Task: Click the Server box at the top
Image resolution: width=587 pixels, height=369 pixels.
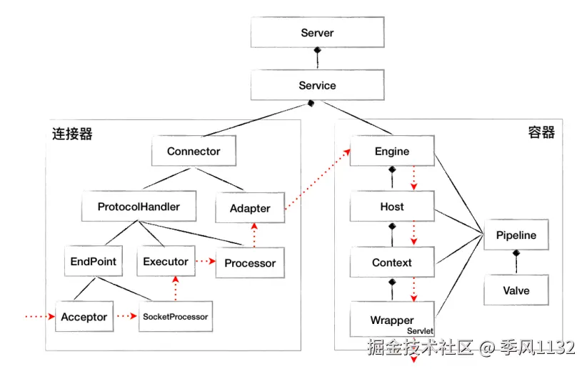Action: [x=317, y=33]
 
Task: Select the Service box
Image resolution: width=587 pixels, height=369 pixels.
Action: [x=317, y=86]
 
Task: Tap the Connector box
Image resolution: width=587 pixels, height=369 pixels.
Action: [x=194, y=152]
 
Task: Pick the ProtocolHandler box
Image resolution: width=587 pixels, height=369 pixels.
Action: [x=139, y=207]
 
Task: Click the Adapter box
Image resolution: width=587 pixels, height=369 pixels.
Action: [x=250, y=209]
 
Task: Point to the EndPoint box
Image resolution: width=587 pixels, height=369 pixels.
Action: [x=94, y=262]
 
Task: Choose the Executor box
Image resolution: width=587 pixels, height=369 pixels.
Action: [x=165, y=262]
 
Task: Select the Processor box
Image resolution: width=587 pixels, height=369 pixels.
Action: [x=250, y=263]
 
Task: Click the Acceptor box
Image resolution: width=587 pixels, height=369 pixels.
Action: [x=84, y=317]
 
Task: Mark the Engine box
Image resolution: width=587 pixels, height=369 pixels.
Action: [x=392, y=152]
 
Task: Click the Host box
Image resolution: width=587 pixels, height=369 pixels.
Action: [x=392, y=207]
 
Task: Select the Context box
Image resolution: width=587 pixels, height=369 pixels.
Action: [x=392, y=263]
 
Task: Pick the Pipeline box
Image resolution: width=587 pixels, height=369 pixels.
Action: [x=516, y=235]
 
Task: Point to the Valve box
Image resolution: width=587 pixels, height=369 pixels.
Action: [x=516, y=291]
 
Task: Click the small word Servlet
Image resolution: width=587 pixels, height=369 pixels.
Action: [x=421, y=332]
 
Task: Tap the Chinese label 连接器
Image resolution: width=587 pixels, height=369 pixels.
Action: [x=72, y=134]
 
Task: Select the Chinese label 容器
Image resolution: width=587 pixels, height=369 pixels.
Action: [x=541, y=132]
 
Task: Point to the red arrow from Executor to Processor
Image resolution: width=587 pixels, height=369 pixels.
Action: [x=204, y=262]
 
